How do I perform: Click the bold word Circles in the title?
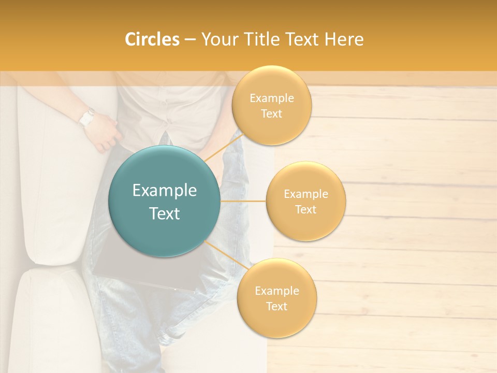tap(152, 39)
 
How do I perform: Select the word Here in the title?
tap(344, 39)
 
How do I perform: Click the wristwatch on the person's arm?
tap(86, 118)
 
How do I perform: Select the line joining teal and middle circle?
tap(243, 201)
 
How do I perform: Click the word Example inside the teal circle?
tap(165, 191)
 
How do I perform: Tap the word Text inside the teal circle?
tap(165, 213)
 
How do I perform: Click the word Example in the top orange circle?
tap(271, 98)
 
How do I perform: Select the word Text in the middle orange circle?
tap(305, 209)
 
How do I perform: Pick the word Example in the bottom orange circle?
tap(276, 291)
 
